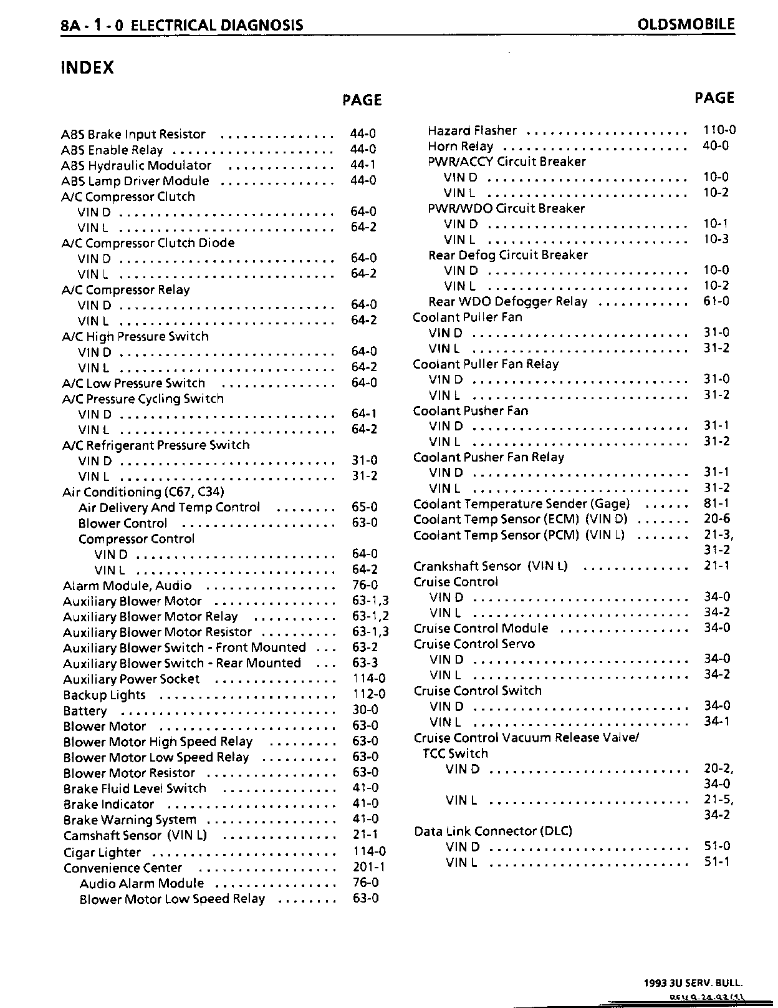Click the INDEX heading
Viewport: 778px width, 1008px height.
[x=87, y=67]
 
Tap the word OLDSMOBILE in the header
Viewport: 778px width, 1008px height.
[x=686, y=25]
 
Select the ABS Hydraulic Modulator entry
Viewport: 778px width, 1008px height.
[x=137, y=165]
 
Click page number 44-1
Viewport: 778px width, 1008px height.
[x=363, y=165]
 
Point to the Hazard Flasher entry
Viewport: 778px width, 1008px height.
[x=472, y=130]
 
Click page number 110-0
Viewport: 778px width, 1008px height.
[x=719, y=130]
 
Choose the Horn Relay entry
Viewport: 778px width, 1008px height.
[x=460, y=146]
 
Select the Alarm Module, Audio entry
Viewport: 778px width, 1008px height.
[x=127, y=586]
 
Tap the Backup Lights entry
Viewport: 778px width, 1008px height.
[x=104, y=695]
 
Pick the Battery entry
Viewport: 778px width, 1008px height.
[x=85, y=711]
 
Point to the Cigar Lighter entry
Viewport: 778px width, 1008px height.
[x=102, y=852]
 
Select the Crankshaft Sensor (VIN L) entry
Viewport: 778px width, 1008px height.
[x=491, y=566]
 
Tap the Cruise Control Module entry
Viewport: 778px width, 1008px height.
[x=481, y=628]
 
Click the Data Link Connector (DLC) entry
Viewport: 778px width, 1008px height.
[x=493, y=831]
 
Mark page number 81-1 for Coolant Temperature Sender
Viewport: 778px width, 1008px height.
[x=717, y=503]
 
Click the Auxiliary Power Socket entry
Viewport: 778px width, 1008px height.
[x=132, y=679]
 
